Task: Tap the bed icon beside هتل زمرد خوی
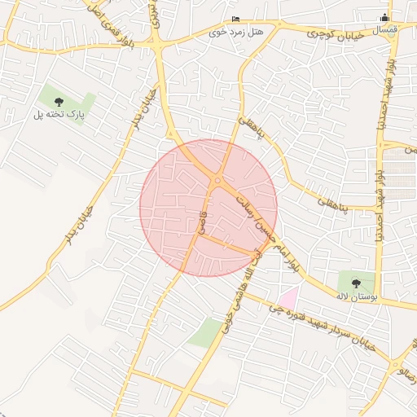click(236, 19)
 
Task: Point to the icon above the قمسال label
click(386, 19)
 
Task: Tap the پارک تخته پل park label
click(59, 116)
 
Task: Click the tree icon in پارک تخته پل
click(59, 102)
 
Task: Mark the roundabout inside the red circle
click(217, 180)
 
